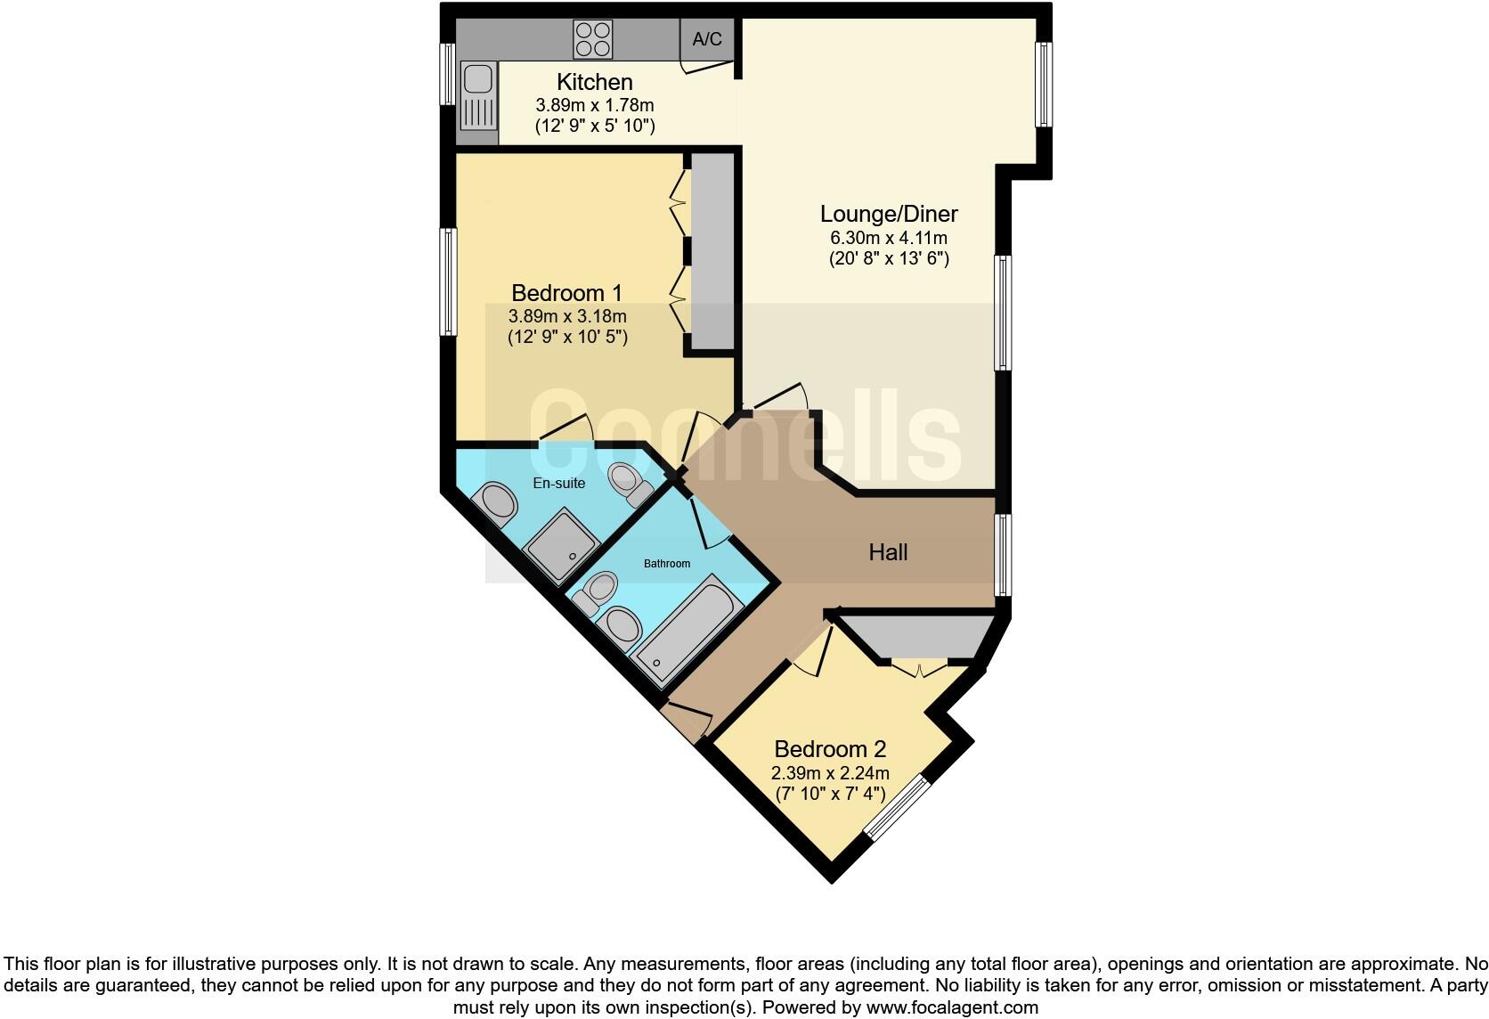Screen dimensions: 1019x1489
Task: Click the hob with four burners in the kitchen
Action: click(x=593, y=40)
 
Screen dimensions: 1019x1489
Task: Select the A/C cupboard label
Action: click(x=707, y=39)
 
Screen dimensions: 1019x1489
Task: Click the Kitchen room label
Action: click(x=594, y=82)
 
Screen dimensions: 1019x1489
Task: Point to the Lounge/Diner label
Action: click(x=888, y=214)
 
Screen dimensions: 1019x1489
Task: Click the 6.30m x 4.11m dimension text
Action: click(x=888, y=238)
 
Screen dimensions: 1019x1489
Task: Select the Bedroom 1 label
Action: click(x=566, y=292)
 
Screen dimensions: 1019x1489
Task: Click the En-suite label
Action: click(x=558, y=483)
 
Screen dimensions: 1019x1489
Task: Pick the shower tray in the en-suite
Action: click(x=564, y=544)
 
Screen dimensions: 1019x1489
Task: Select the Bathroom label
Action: click(x=667, y=563)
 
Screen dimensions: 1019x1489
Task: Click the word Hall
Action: click(x=888, y=552)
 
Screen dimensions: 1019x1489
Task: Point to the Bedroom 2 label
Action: click(x=829, y=749)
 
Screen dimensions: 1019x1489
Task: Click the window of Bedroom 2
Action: click(x=898, y=807)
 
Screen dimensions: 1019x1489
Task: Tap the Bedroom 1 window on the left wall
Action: click(x=450, y=281)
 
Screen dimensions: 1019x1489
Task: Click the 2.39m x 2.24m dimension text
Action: click(x=829, y=773)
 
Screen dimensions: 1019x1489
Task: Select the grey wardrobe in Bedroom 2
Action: click(x=917, y=635)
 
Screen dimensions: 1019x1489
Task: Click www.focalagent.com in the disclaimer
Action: click(x=952, y=1008)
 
